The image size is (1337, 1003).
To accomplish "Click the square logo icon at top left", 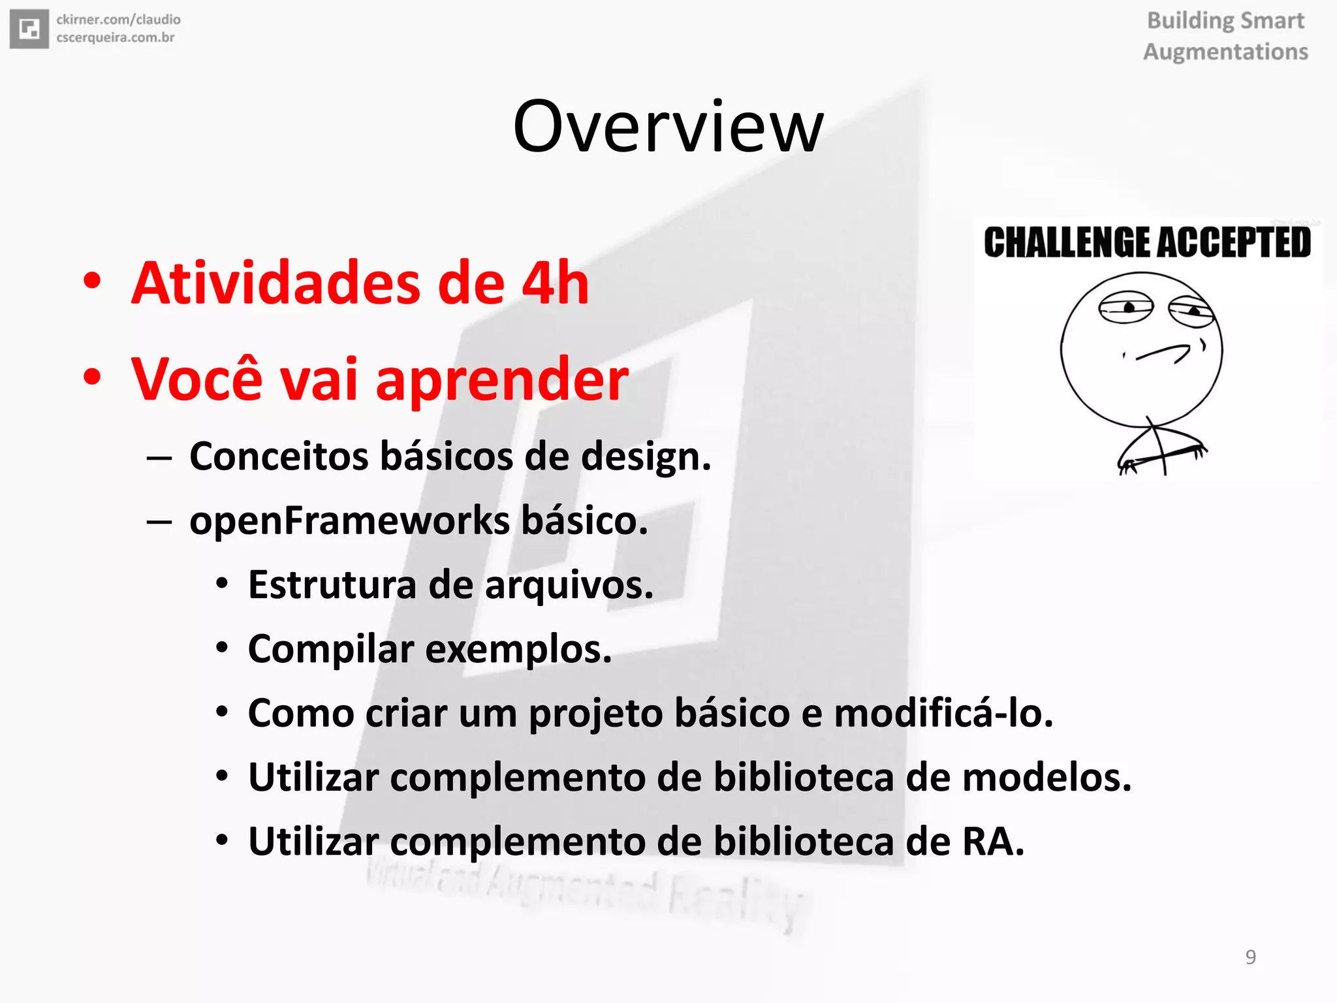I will [29, 29].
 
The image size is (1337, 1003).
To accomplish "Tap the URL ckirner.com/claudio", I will [118, 20].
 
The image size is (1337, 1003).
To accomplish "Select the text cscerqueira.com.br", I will [116, 38].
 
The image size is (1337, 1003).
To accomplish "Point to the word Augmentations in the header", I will [1225, 52].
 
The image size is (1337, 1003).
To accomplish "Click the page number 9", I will [1250, 957].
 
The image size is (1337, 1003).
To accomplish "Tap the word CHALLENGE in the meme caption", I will [1067, 242].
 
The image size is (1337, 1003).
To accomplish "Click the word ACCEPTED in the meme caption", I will [1234, 242].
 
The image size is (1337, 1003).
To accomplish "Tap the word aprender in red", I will [501, 380].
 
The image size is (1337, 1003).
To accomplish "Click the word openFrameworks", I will [349, 521].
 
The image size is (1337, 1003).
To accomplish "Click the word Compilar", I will [331, 649].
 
